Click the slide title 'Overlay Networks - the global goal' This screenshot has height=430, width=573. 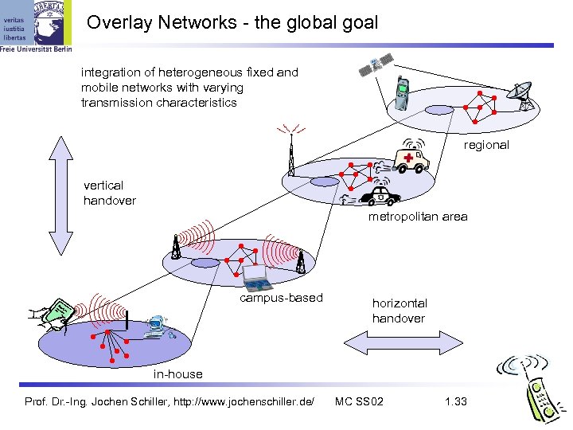pyautogui.click(x=232, y=22)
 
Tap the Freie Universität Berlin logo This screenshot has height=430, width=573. pyautogui.click(x=37, y=25)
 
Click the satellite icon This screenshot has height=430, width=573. pyautogui.click(x=375, y=65)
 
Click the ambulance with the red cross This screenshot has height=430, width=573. pyautogui.click(x=411, y=157)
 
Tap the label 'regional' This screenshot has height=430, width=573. pyautogui.click(x=486, y=145)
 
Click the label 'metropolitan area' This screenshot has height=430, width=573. pyautogui.click(x=418, y=217)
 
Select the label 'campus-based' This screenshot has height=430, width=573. pyautogui.click(x=282, y=298)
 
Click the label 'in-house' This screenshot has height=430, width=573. pyautogui.click(x=178, y=373)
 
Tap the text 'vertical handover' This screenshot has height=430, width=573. pyautogui.click(x=109, y=193)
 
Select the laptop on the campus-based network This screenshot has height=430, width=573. pyautogui.click(x=257, y=276)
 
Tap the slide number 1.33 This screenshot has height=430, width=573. pyautogui.click(x=456, y=401)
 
